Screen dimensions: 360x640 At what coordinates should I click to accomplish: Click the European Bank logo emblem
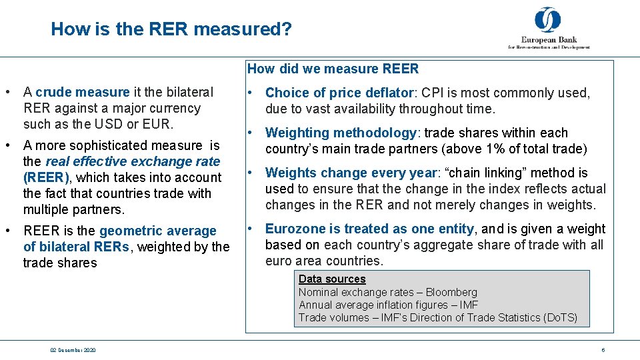click(548, 20)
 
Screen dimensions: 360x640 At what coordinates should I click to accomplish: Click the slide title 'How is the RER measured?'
click(171, 29)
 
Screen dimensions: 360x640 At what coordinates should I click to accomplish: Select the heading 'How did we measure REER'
click(333, 69)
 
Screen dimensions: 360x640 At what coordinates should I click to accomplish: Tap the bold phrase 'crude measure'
click(82, 92)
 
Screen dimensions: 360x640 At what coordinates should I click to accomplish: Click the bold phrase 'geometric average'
click(158, 231)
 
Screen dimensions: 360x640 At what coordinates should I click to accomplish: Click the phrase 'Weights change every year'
click(350, 173)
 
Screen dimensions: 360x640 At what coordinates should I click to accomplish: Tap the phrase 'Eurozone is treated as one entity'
click(369, 229)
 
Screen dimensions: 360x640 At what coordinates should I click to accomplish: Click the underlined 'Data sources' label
click(332, 279)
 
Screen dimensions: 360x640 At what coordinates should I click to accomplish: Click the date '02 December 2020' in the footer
click(73, 350)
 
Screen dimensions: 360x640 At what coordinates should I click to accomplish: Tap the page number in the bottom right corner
click(603, 350)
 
